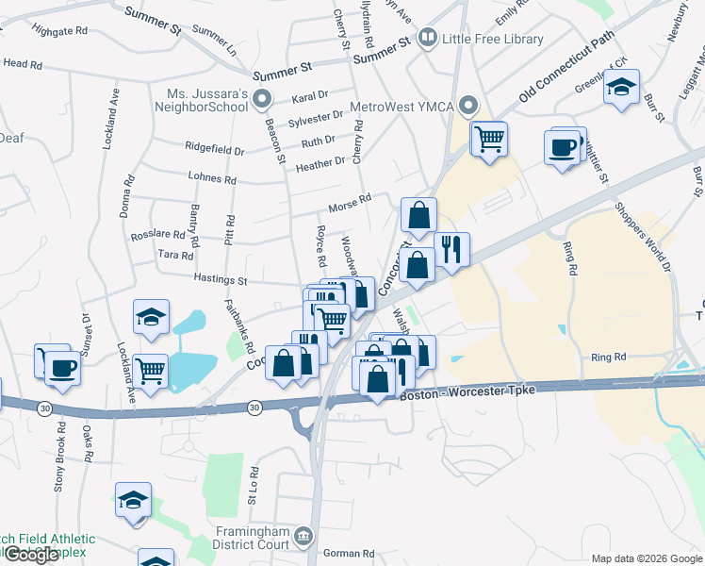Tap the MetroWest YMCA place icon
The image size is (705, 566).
click(468, 106)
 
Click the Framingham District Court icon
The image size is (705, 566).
click(303, 536)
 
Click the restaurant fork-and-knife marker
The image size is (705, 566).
click(451, 249)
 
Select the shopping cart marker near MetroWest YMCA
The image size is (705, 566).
click(488, 139)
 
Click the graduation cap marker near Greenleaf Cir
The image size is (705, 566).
click(620, 86)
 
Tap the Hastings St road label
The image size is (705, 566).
click(220, 280)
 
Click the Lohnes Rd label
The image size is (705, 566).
click(212, 178)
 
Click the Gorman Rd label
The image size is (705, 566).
click(349, 554)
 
